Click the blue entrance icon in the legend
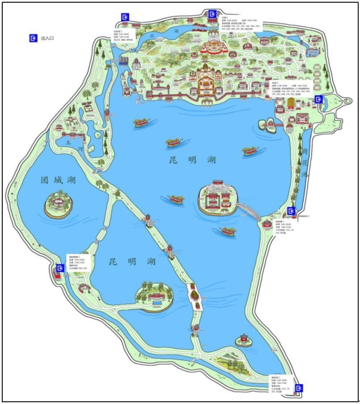click(33, 38)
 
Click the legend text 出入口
click(47, 39)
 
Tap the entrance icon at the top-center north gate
click(212, 13)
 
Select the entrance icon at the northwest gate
click(126, 17)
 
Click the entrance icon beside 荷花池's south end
click(292, 211)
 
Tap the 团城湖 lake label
click(58, 180)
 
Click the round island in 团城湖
click(58, 205)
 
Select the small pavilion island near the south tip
click(243, 340)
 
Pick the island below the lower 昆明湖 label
click(155, 296)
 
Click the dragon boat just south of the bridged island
click(228, 231)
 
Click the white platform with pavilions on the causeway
click(195, 297)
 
